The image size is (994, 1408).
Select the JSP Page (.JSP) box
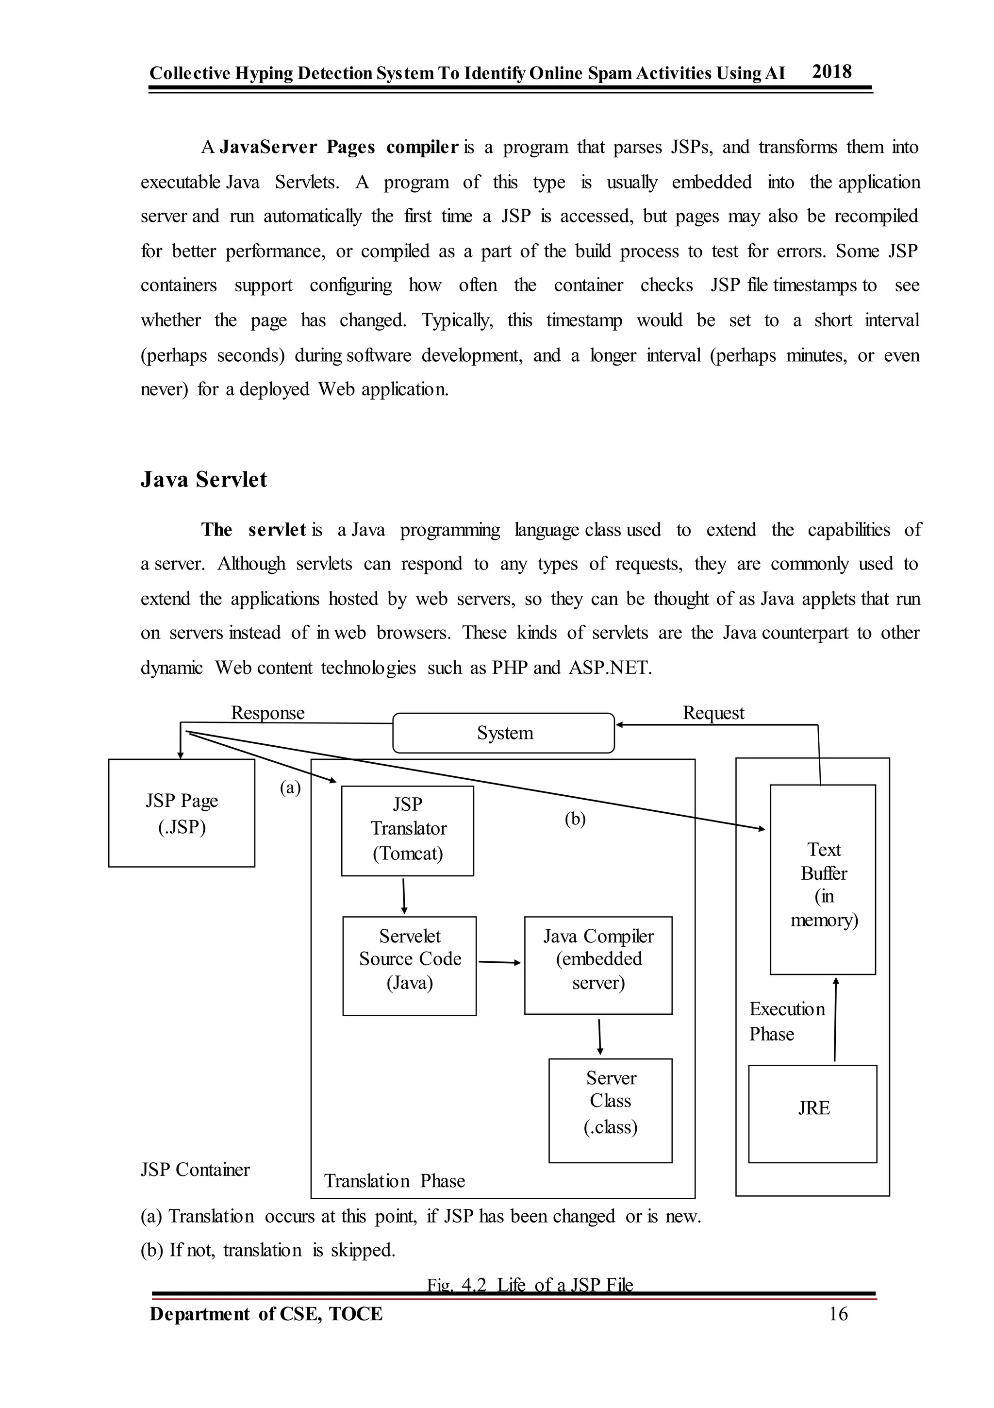pyautogui.click(x=182, y=813)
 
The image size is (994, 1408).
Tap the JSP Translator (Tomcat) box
pyautogui.click(x=407, y=830)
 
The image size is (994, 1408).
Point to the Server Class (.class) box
pyautogui.click(x=610, y=1110)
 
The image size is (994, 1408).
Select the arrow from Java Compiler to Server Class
pyautogui.click(x=600, y=1037)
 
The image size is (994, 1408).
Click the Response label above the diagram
pyautogui.click(x=267, y=713)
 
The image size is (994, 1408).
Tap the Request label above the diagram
pyautogui.click(x=713, y=713)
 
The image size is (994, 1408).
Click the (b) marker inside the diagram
pyautogui.click(x=575, y=819)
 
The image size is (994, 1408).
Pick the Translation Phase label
pyautogui.click(x=394, y=1180)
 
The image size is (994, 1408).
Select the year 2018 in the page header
pyautogui.click(x=831, y=72)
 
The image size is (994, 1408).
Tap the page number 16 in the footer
pyautogui.click(x=838, y=1313)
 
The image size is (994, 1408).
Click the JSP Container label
pyautogui.click(x=195, y=1170)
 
